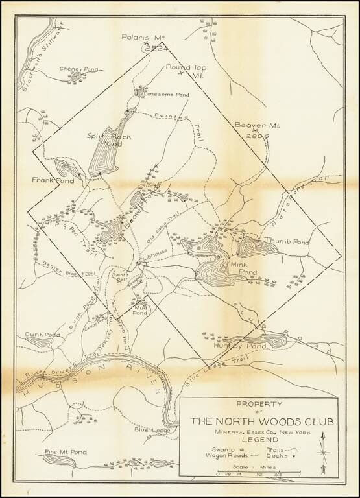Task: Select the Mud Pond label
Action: (x=141, y=308)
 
